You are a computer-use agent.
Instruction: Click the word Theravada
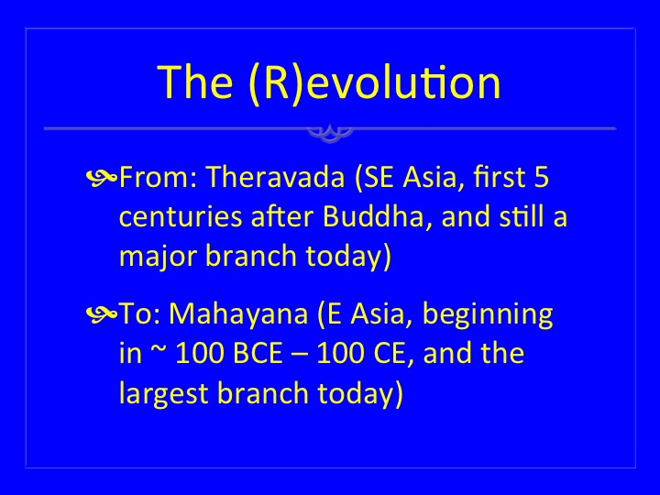pos(276,177)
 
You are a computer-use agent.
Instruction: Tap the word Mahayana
pos(238,314)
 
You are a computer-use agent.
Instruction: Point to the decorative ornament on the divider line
pos(330,133)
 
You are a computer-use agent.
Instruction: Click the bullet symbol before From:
pos(102,178)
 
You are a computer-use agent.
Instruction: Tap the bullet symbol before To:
pos(102,314)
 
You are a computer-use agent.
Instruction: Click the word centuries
pos(181,217)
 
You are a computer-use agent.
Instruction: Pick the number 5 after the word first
pos(542,177)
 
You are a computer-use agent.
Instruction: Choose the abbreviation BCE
pos(258,353)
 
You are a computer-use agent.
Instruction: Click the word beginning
pos(488,315)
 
